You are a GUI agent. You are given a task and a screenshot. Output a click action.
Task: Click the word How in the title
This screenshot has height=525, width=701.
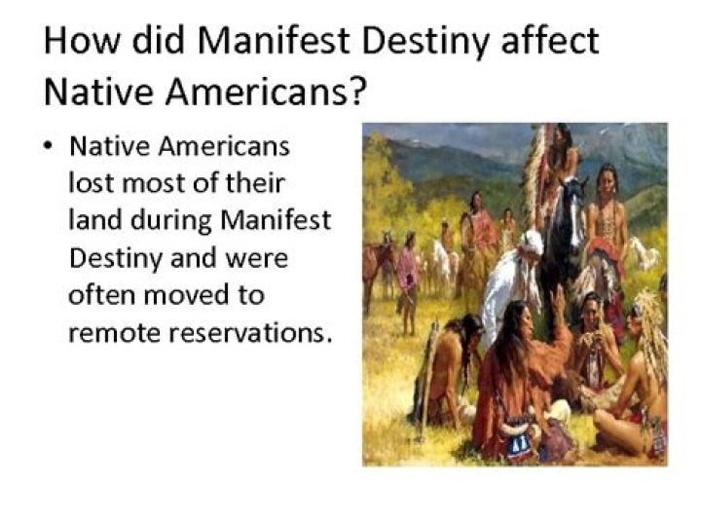click(x=82, y=40)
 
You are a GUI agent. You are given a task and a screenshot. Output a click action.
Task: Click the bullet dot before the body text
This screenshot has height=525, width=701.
click(x=48, y=146)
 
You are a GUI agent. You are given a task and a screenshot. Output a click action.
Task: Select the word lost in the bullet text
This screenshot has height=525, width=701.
click(x=91, y=183)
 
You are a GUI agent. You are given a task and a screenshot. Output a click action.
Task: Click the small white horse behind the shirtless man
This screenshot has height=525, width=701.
click(x=645, y=252)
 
